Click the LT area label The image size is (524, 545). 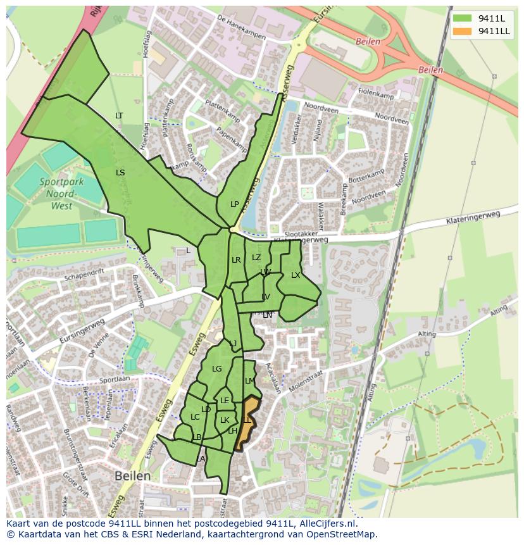click(119, 115)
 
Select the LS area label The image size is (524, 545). click(120, 172)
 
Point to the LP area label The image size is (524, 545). click(235, 204)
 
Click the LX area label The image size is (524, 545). click(296, 275)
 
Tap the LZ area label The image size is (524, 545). click(256, 257)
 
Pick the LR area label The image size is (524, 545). click(236, 260)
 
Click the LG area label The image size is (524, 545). click(217, 368)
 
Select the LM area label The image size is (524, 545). click(249, 380)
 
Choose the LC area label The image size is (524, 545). click(195, 417)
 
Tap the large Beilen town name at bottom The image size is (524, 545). click(133, 475)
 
